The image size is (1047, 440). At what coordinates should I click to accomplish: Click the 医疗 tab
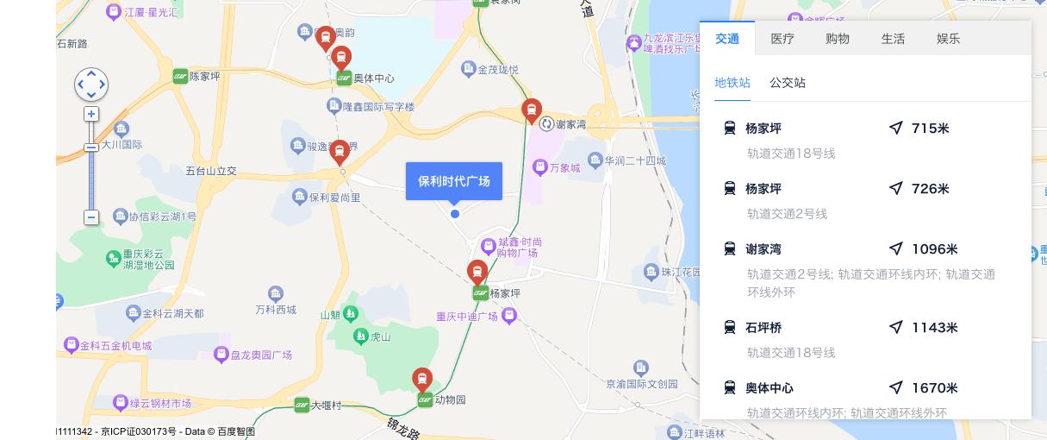click(782, 39)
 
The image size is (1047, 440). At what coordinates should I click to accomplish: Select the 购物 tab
click(838, 39)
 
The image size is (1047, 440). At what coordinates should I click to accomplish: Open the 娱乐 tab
click(948, 39)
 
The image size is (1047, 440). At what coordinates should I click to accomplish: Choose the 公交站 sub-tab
click(788, 83)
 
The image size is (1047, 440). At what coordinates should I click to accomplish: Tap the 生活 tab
click(893, 39)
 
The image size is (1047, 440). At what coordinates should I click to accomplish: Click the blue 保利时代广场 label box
click(454, 181)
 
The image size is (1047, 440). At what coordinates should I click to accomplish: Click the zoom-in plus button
click(91, 114)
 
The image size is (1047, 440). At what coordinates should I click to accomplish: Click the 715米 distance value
click(930, 129)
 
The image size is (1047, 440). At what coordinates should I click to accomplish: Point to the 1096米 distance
click(934, 249)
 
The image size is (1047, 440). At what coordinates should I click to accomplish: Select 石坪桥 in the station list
click(763, 328)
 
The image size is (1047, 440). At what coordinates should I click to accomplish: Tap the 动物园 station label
click(450, 400)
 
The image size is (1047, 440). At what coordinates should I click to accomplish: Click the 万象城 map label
click(564, 167)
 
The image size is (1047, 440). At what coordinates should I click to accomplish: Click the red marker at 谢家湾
click(532, 110)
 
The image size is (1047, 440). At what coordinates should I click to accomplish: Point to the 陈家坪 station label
click(204, 76)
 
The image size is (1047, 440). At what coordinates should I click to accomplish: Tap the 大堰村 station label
click(327, 405)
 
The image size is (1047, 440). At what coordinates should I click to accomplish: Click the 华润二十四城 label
click(634, 160)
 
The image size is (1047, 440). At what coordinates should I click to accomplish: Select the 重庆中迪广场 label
click(467, 316)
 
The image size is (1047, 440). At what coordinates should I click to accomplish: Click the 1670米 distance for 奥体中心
click(934, 388)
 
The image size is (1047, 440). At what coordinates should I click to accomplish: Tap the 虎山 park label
click(380, 336)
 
